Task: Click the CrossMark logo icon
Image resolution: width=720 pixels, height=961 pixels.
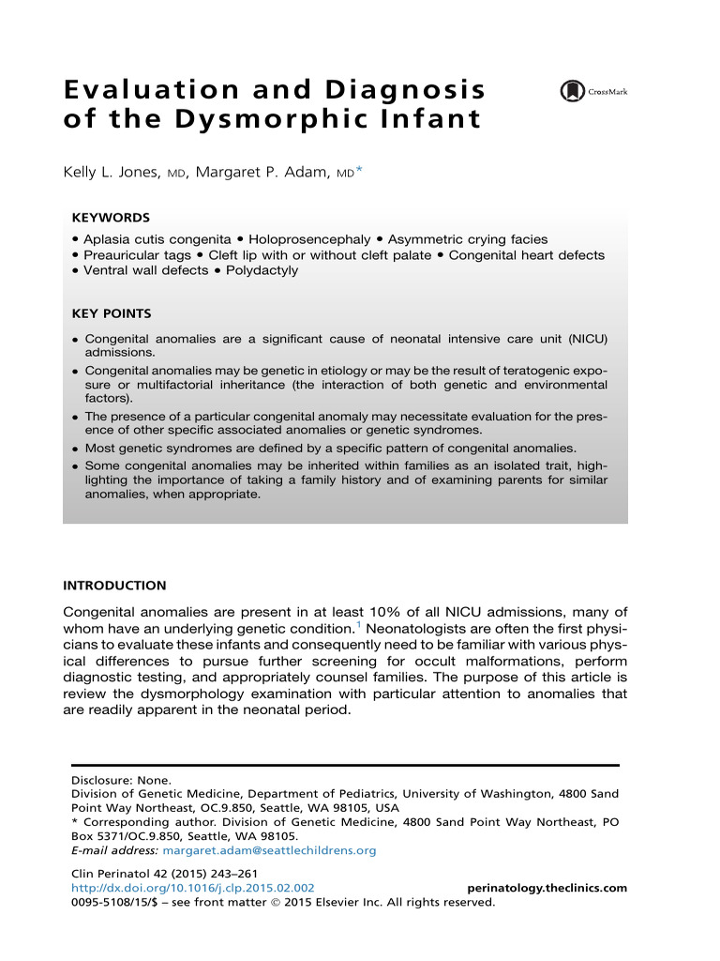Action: (x=571, y=91)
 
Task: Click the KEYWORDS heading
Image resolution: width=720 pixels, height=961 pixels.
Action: (x=111, y=217)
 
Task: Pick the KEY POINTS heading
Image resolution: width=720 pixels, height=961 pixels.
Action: (x=112, y=313)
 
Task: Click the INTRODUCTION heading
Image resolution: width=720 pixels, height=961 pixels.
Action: (x=114, y=586)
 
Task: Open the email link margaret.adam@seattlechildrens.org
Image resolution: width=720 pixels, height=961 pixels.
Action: (x=269, y=850)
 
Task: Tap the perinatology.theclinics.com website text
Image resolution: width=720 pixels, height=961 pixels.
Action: (x=547, y=888)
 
